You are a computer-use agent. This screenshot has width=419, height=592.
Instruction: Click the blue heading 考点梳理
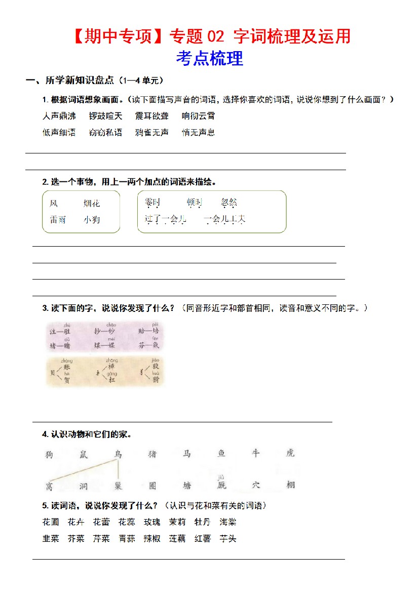pos(209,59)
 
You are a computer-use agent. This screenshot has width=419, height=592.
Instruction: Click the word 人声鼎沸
pos(59,116)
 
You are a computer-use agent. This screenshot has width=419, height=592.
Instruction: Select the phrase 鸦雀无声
pos(152,133)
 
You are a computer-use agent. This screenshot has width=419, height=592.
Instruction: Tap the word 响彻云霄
pos(199,116)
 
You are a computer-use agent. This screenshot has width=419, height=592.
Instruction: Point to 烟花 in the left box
pos(92,204)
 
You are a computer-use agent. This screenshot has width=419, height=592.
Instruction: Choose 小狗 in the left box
pos(92,220)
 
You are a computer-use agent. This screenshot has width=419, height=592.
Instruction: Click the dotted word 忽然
pos(229,203)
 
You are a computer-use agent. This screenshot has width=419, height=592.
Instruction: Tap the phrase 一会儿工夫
pos(224,219)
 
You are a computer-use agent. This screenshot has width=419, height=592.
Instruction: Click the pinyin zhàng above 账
pos(67,361)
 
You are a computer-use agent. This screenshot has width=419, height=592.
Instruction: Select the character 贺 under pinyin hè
pos(66,380)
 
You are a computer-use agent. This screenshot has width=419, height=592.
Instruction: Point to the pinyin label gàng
pos(111,374)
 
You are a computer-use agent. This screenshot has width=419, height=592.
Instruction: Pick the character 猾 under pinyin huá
pos(156,380)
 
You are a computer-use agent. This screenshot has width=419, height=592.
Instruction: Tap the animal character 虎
pos(290,453)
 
